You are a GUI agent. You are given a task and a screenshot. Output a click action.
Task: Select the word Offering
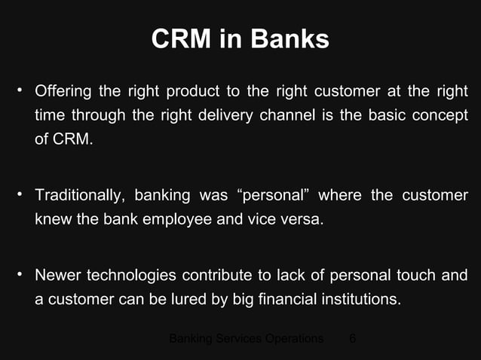pos(63,93)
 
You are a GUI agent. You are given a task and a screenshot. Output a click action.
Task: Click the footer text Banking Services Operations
pos(247,338)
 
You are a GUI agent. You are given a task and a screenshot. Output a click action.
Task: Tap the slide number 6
pos(353,338)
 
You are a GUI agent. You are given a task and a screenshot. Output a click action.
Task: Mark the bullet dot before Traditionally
pos(18,195)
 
